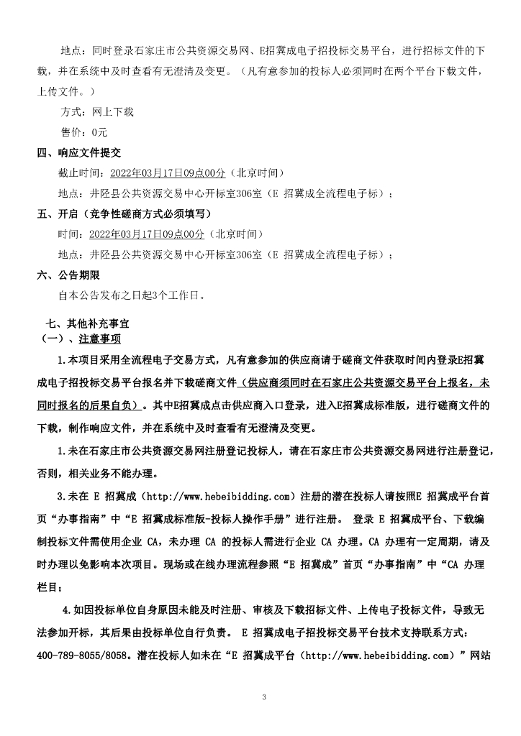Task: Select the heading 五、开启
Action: point(58,214)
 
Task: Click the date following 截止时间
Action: point(166,173)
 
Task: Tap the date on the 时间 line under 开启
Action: point(147,234)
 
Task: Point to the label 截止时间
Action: point(78,173)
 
